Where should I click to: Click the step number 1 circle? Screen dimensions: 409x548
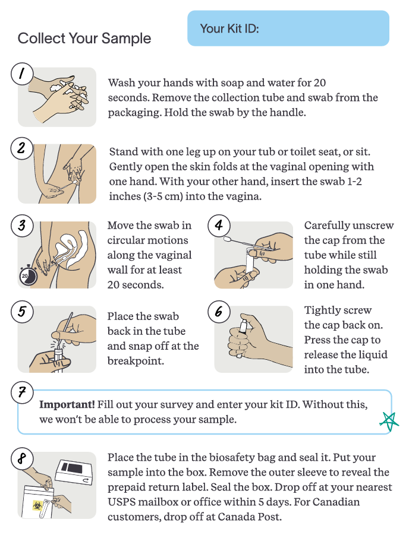click(21, 74)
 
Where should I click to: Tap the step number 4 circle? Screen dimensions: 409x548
click(219, 226)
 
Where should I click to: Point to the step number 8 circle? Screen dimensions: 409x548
click(21, 458)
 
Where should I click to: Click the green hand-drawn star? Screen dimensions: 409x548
click(389, 421)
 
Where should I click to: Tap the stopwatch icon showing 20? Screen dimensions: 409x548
click(27, 276)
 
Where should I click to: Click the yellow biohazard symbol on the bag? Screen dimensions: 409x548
click(37, 505)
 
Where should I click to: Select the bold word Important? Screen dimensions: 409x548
click(67, 405)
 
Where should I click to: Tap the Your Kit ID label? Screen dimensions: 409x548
click(229, 28)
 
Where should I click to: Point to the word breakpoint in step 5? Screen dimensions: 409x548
click(136, 361)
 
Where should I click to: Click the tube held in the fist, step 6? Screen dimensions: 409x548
click(241, 335)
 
